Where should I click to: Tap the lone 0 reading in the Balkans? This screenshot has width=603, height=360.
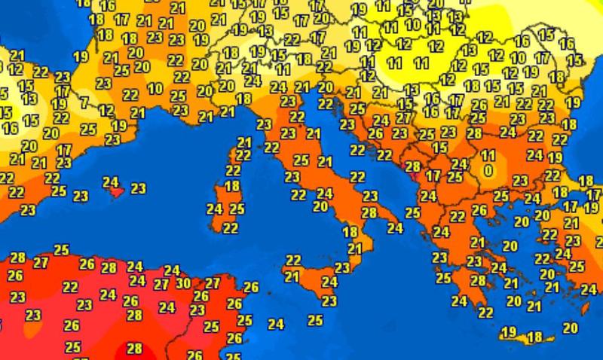[488, 171]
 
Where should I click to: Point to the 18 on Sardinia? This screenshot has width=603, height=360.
[232, 185]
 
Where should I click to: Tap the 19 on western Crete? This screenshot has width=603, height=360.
[509, 332]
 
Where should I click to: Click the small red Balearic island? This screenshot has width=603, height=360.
[115, 192]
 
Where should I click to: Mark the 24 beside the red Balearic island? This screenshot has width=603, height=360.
[111, 182]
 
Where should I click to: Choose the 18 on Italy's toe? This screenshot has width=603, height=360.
[350, 232]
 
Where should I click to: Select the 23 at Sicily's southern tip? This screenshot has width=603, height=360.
[329, 301]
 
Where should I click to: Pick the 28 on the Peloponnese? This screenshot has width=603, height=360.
[478, 279]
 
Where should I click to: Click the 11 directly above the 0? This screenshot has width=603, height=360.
[488, 156]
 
